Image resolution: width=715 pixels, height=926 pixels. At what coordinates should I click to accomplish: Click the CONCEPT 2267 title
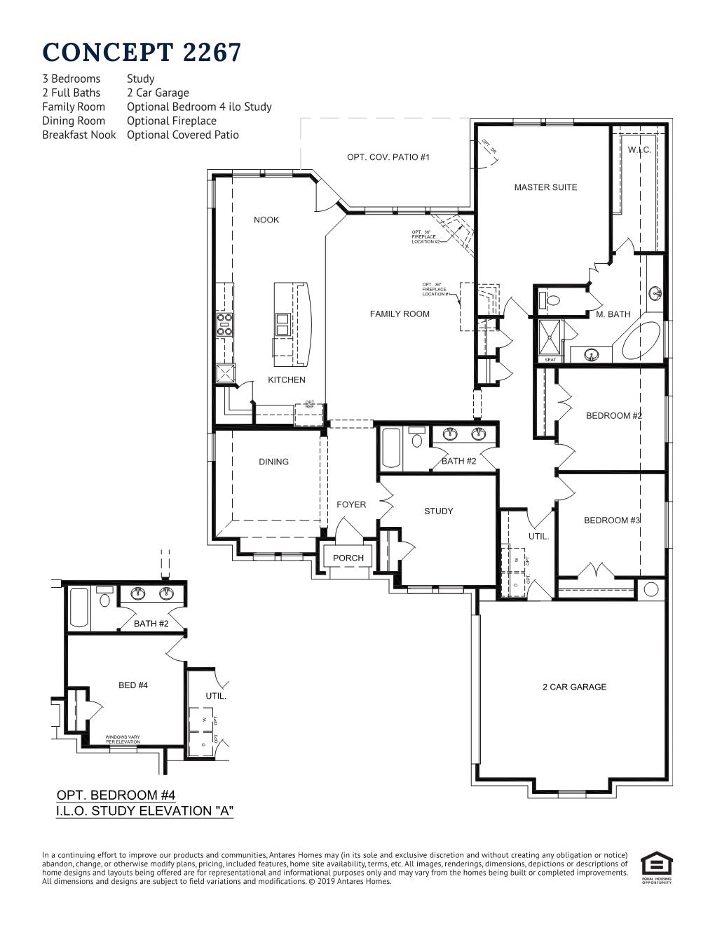click(x=142, y=53)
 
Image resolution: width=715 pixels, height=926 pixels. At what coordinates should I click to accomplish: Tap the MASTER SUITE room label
click(x=545, y=187)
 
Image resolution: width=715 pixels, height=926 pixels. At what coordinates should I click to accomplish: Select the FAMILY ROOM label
click(x=400, y=314)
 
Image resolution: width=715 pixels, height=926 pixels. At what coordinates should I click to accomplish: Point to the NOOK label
click(x=266, y=220)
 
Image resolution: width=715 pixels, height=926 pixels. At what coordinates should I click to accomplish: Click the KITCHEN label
click(x=287, y=380)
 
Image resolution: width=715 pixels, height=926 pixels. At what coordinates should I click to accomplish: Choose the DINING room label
click(x=273, y=462)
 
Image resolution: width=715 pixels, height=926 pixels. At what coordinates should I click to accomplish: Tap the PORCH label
click(x=348, y=558)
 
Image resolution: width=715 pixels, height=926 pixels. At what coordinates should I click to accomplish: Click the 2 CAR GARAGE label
click(x=574, y=687)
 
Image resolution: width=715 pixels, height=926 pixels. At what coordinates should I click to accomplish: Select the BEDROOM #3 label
click(x=612, y=520)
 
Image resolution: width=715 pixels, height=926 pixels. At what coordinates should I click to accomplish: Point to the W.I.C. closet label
click(x=639, y=150)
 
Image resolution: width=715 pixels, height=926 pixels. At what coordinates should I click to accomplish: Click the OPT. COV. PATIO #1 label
click(x=388, y=157)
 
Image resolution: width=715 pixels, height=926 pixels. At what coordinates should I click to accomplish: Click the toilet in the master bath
click(x=550, y=300)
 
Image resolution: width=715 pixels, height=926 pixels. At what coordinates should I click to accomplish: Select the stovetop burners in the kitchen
click(x=225, y=325)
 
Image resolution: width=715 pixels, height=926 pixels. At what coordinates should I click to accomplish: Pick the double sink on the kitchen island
click(x=283, y=325)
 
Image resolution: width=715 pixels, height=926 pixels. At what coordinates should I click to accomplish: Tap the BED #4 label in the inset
click(x=133, y=685)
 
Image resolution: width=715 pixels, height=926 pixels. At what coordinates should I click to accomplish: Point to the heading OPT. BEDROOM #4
click(x=116, y=795)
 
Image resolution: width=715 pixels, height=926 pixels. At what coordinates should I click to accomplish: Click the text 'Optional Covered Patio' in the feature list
click(x=182, y=135)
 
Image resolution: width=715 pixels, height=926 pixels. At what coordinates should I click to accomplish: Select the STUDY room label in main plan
click(x=439, y=511)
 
